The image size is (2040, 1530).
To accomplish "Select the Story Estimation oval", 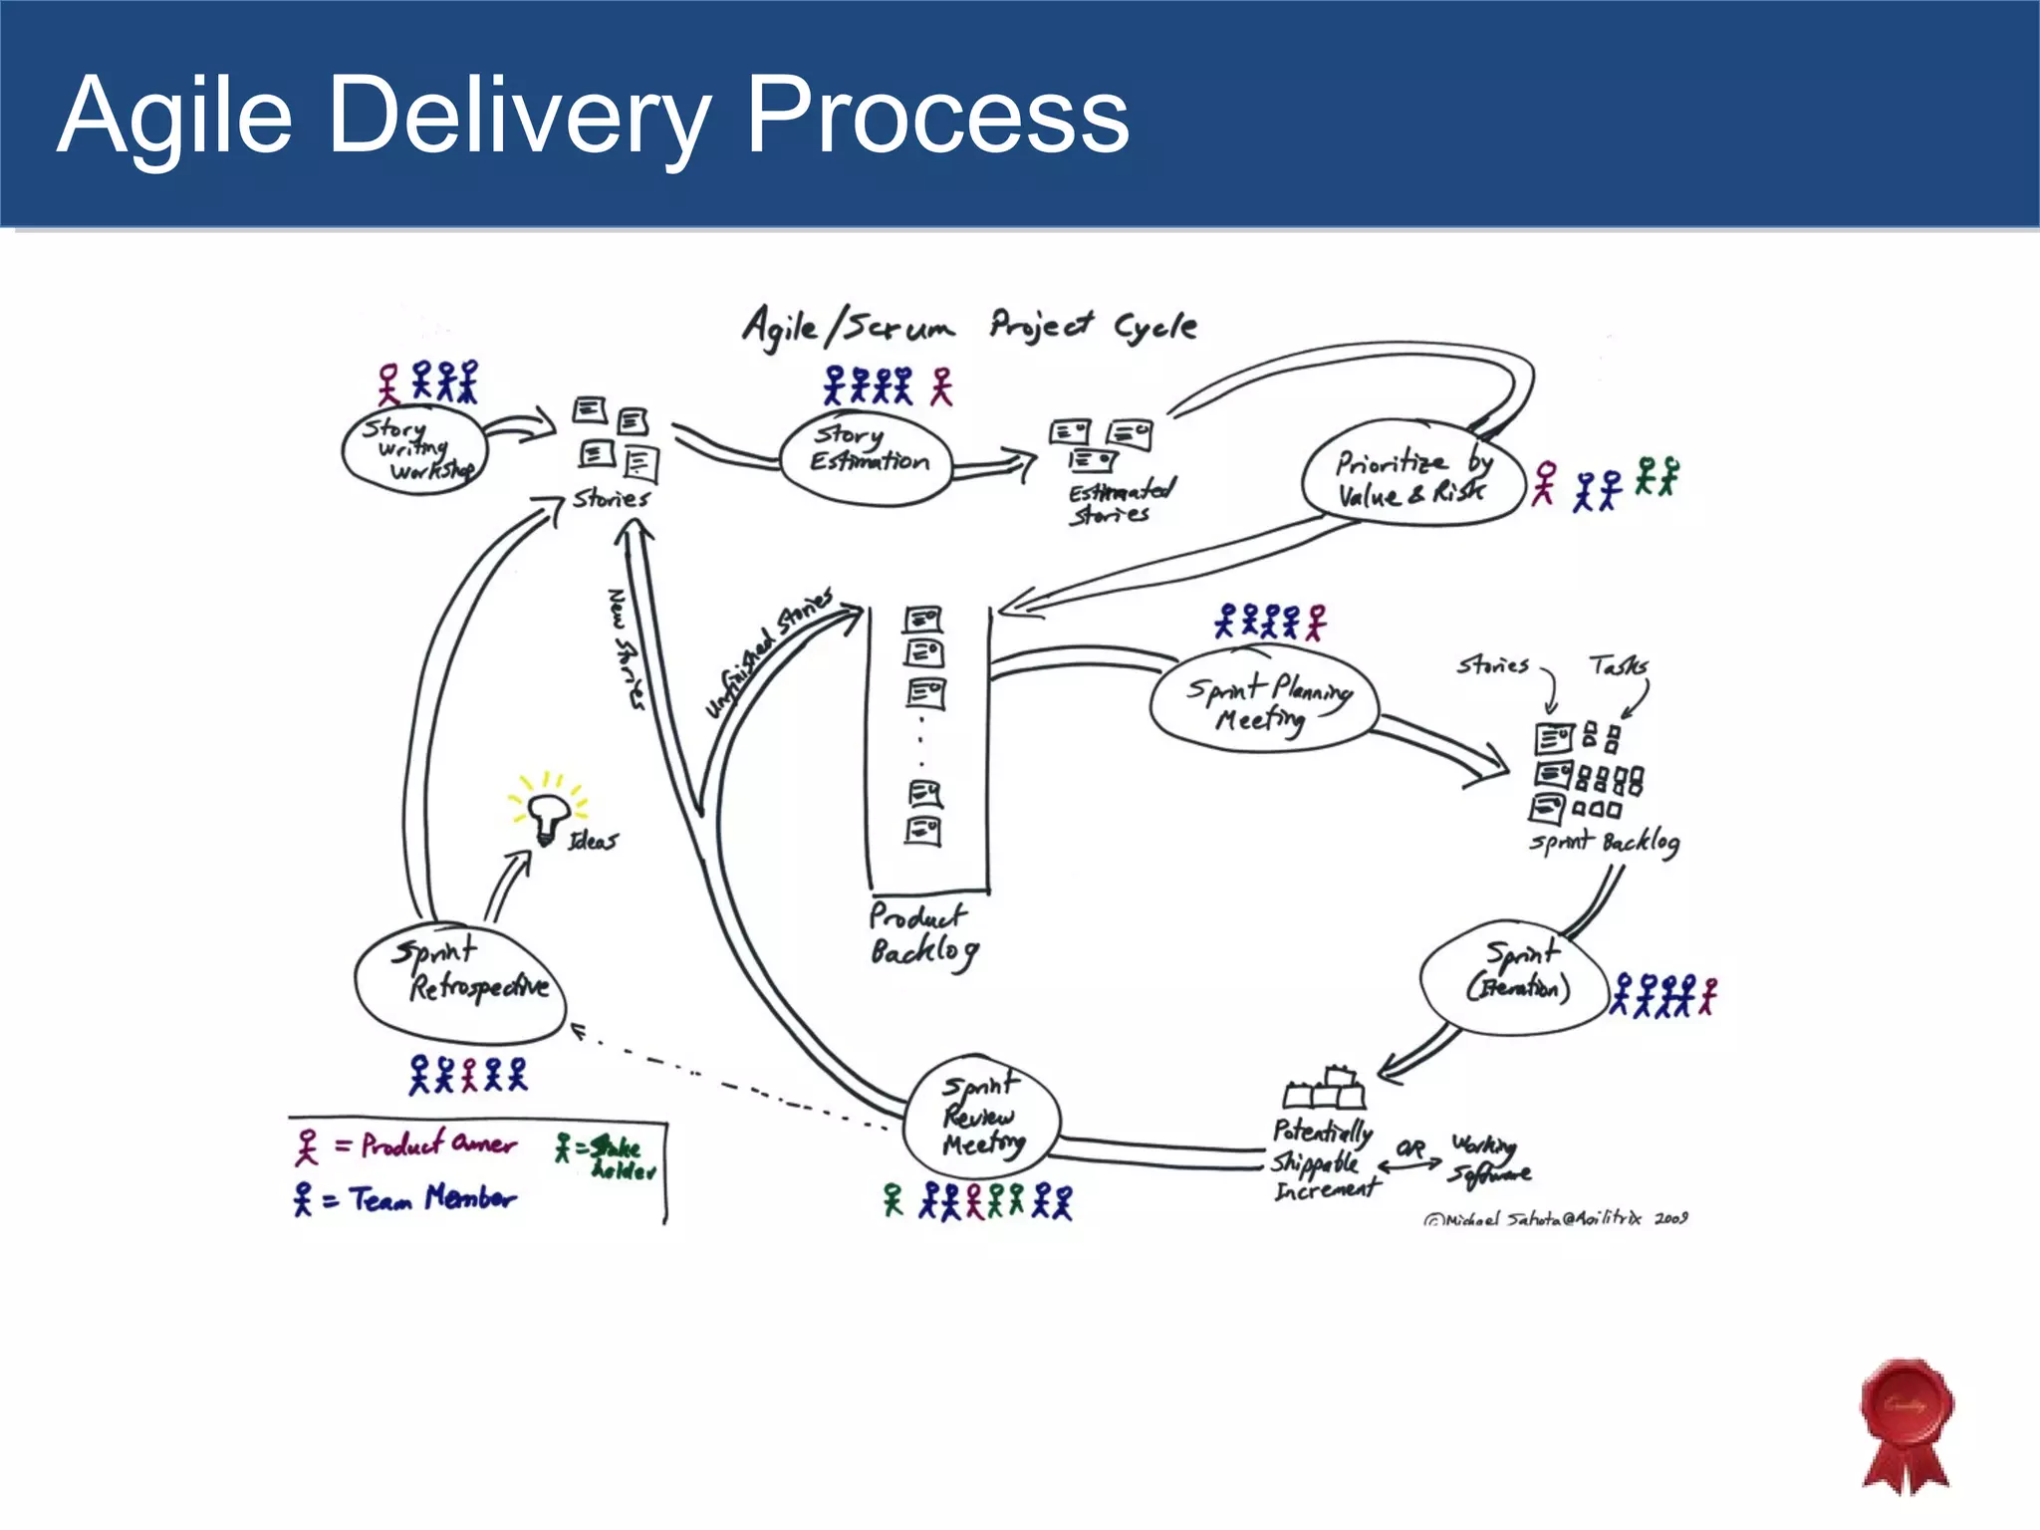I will (x=865, y=457).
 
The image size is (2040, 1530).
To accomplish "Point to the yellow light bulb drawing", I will (x=547, y=814).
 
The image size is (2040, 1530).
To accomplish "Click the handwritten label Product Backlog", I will (x=921, y=934).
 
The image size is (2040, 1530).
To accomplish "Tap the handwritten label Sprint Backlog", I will (x=1604, y=843).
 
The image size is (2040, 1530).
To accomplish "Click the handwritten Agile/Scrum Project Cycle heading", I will (x=969, y=327).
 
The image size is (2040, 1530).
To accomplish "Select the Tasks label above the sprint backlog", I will (x=1618, y=665).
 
